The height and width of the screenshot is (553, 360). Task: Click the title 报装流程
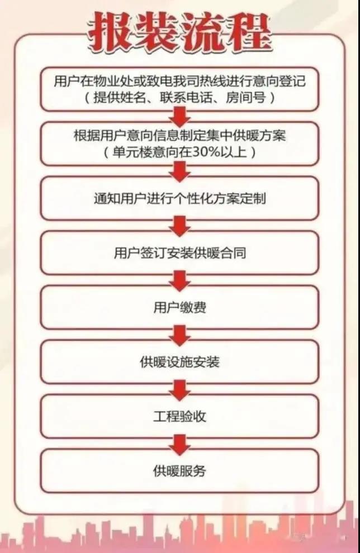(180, 32)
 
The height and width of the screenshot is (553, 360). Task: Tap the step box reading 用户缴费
(179, 308)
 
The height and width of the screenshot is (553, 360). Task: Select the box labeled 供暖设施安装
(179, 362)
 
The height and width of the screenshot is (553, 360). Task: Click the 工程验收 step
(179, 417)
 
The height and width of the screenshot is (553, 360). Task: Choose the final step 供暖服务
(179, 471)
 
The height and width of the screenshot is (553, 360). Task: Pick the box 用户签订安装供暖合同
(179, 253)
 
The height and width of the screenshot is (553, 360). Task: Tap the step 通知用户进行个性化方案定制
(179, 198)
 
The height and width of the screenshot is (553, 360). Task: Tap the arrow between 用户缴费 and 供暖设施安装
(179, 335)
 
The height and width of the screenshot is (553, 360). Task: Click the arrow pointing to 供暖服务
(179, 444)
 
